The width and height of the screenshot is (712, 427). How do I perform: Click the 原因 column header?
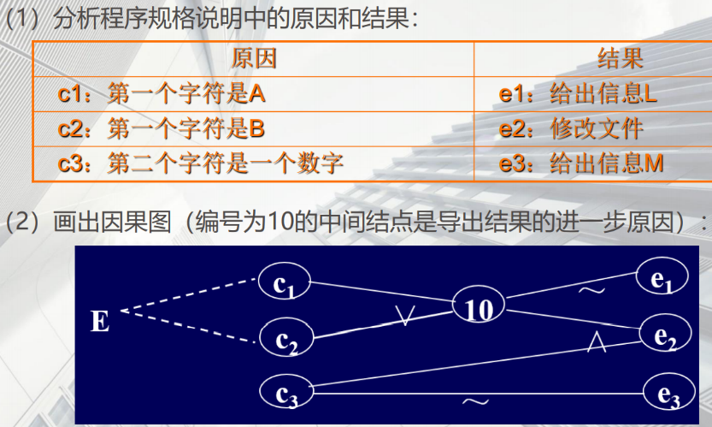(254, 58)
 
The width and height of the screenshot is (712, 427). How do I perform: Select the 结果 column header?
(620, 58)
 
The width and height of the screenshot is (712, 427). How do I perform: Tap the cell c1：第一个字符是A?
(162, 93)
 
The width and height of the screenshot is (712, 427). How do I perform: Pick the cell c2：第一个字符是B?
(162, 128)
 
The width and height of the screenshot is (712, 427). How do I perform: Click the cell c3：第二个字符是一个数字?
(201, 163)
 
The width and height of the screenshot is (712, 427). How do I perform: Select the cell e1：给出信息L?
(579, 93)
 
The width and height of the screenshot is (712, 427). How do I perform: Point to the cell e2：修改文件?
(571, 128)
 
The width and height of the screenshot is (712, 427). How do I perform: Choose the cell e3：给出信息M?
(581, 163)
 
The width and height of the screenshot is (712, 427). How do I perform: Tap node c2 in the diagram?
(285, 339)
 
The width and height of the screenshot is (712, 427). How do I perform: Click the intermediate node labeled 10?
(479, 308)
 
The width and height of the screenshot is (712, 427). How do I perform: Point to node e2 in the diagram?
(662, 335)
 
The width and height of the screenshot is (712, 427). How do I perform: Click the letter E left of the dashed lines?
(100, 322)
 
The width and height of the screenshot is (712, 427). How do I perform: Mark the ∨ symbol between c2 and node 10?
(405, 317)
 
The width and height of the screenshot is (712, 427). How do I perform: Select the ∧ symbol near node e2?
(597, 342)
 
